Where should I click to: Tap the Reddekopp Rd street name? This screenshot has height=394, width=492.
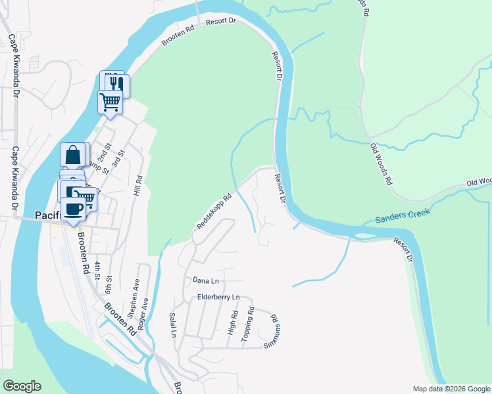pyautogui.click(x=214, y=210)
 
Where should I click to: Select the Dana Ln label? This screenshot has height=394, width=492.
pyautogui.click(x=205, y=280)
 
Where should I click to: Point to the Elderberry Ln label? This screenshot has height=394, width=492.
pyautogui.click(x=217, y=297)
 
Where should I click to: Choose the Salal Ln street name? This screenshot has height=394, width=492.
pyautogui.click(x=174, y=324)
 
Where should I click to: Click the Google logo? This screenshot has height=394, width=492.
pyautogui.click(x=22, y=386)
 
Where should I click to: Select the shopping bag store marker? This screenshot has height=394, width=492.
pyautogui.click(x=73, y=156)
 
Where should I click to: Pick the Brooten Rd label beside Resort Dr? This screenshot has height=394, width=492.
pyautogui.click(x=176, y=38)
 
